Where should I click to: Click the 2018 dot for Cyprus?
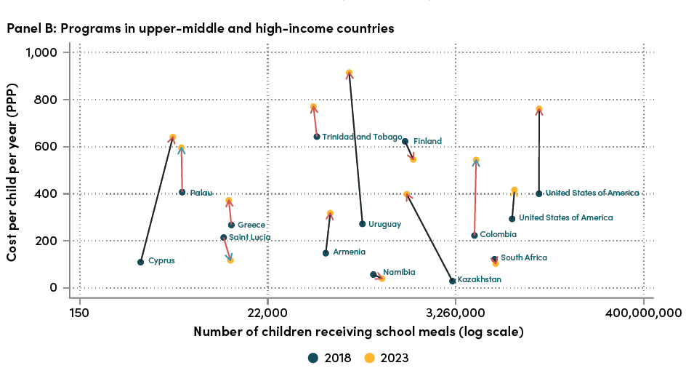tap(140, 262)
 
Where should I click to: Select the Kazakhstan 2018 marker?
tap(453, 281)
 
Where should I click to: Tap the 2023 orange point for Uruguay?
tap(350, 73)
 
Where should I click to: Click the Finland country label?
tap(427, 141)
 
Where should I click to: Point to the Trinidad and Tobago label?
tap(362, 137)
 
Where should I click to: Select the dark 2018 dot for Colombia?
tap(475, 235)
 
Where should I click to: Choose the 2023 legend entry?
tap(386, 358)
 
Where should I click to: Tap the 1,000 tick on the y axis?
tap(46, 52)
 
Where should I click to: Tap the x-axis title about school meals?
tap(358, 332)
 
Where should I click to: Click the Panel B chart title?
tap(201, 28)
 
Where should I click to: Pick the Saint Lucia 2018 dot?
tap(223, 237)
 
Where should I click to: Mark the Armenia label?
tap(349, 252)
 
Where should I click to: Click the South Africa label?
tap(523, 257)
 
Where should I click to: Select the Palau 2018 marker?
tap(182, 192)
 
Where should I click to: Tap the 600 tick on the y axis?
tap(52, 146)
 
